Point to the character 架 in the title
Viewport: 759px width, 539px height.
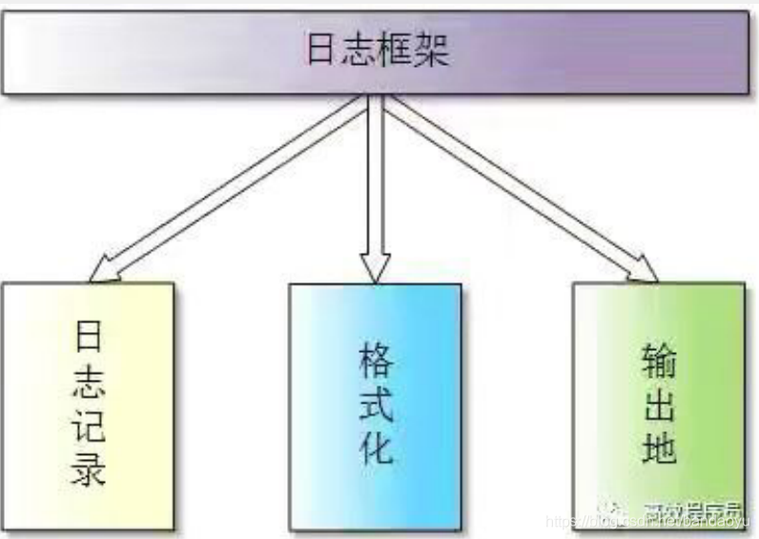pyautogui.click(x=430, y=50)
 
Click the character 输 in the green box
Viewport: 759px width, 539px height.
pyautogui.click(x=659, y=362)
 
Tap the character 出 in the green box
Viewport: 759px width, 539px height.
pyautogui.click(x=659, y=404)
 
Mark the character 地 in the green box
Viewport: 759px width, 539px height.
pyautogui.click(x=659, y=446)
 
